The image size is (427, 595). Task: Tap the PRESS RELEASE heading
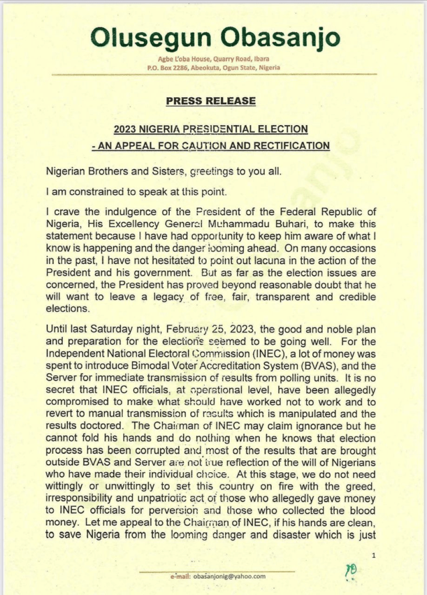(x=211, y=101)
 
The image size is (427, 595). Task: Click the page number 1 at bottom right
(x=373, y=556)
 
